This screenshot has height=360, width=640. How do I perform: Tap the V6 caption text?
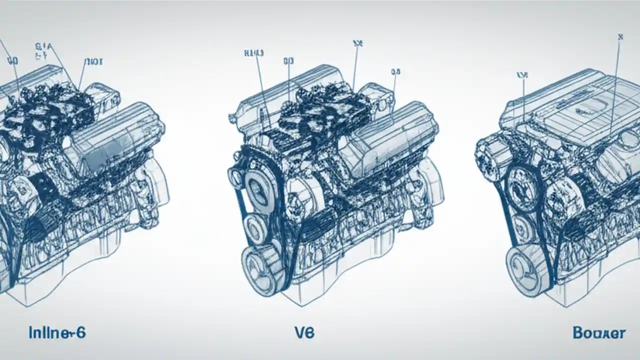(x=304, y=332)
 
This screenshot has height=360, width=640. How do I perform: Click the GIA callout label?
(x=44, y=51)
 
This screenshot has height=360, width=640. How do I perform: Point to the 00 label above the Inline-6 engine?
(x=12, y=61)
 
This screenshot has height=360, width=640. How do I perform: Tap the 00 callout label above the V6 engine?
(x=288, y=61)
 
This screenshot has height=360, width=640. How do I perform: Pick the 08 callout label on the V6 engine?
(x=395, y=72)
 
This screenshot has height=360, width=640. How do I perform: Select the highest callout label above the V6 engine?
(x=357, y=43)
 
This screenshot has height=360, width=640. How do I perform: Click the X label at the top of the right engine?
(x=620, y=36)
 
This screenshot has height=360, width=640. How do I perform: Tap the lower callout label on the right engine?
(x=522, y=75)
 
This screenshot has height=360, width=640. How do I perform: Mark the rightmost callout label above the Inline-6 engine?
(x=93, y=61)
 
